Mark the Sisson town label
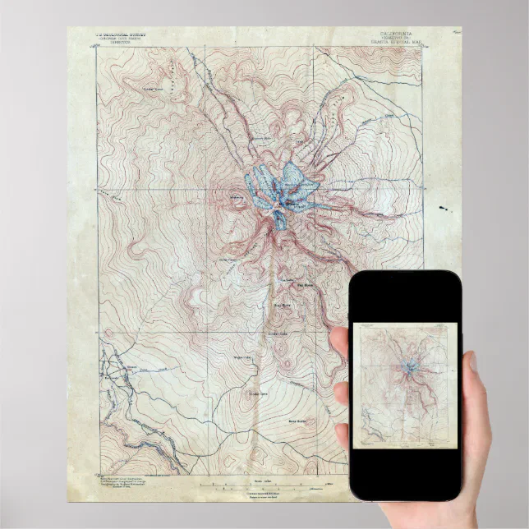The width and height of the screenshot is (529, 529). (x=130, y=367)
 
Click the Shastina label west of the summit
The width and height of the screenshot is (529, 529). (x=237, y=197)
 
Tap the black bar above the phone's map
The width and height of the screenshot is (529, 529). (x=405, y=296)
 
